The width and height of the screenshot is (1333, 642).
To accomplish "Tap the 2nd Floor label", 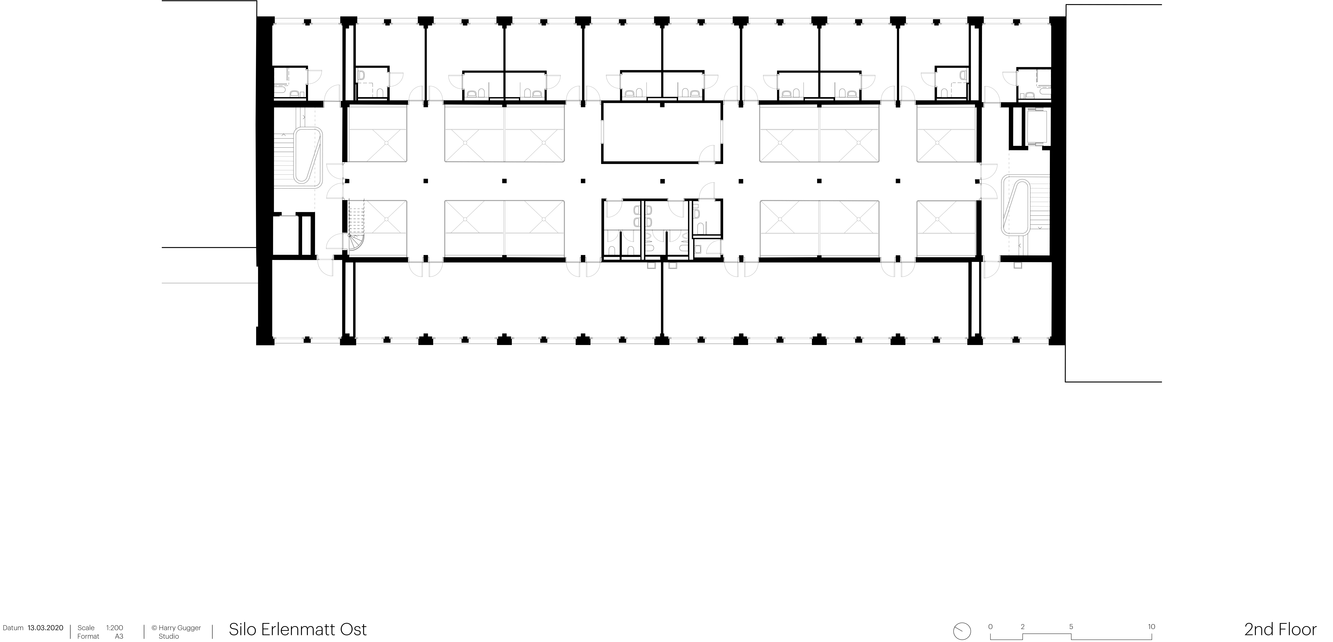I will tap(1280, 630).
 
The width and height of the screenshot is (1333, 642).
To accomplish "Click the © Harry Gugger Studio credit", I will tap(176, 632).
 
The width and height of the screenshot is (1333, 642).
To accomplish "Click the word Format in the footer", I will tap(88, 636).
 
